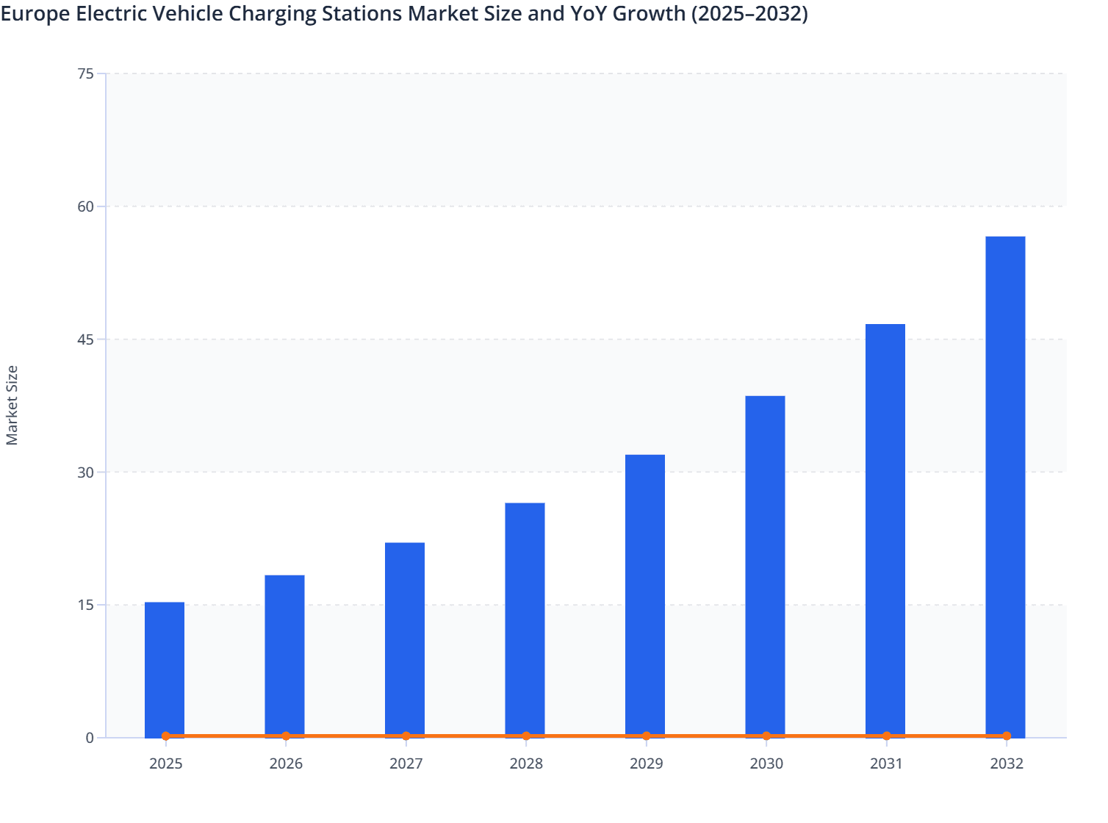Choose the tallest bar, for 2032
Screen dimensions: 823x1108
[1005, 485]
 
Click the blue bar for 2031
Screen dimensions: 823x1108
[885, 528]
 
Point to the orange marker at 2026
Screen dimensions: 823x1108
[286, 736]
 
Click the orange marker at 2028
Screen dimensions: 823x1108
[526, 736]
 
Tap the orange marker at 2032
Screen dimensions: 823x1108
[1007, 736]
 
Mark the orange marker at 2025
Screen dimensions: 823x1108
[166, 736]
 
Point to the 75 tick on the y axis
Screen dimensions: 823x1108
[85, 73]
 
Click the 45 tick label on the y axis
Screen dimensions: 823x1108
[85, 339]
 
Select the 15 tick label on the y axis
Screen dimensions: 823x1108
[85, 605]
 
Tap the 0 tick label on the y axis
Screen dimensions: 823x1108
[90, 738]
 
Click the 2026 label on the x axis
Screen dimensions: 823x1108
[286, 763]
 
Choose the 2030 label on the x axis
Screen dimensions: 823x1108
[766, 763]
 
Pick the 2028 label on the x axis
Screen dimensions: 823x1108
[526, 763]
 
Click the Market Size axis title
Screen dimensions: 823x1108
[12, 405]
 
